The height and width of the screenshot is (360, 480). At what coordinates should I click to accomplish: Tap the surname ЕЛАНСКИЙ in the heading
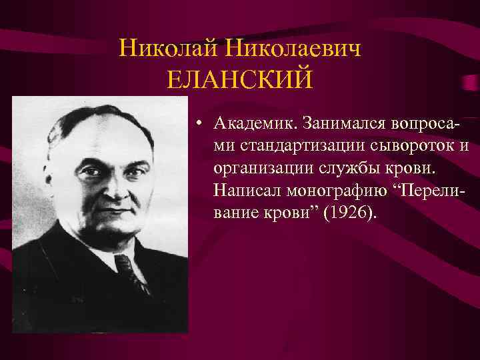coord(240,81)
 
